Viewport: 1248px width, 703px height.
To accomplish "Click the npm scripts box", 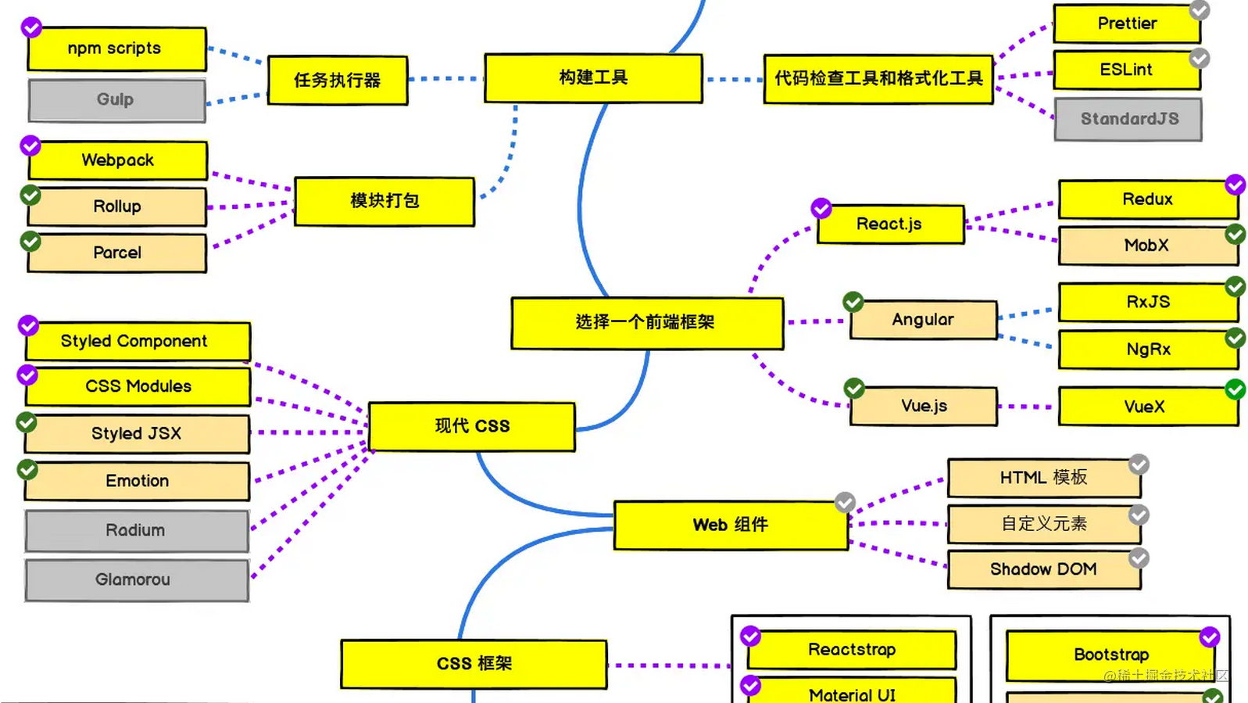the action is (x=117, y=48).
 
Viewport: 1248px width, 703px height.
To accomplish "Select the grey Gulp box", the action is (x=117, y=100).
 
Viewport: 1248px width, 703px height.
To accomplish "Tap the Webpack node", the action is (x=117, y=160).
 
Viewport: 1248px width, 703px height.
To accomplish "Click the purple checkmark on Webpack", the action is (x=30, y=145).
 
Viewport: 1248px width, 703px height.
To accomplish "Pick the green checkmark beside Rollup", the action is (x=30, y=195).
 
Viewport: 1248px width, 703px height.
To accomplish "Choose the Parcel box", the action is (x=117, y=253).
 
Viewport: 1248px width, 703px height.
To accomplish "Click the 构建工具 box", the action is (x=593, y=78).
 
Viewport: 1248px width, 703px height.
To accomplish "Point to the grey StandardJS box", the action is (x=1128, y=120).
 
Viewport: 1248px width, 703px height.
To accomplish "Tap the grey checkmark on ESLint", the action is (x=1200, y=58).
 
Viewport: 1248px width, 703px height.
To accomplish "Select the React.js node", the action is (x=890, y=224).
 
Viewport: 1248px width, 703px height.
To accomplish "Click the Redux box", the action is (x=1148, y=199).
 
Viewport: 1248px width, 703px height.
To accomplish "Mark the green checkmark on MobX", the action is (x=1235, y=235).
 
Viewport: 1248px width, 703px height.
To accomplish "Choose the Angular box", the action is (x=923, y=320).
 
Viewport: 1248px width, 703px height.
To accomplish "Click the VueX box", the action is (x=1148, y=407).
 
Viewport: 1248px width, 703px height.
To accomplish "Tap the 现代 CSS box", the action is (x=472, y=426).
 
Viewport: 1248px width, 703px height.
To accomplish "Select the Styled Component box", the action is (x=138, y=341).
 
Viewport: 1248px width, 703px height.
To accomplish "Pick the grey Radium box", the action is (x=137, y=531).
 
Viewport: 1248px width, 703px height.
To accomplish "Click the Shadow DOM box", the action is (x=1044, y=569).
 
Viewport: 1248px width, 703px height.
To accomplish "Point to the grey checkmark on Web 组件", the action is (x=846, y=502).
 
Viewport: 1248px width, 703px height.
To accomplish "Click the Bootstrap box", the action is (x=1111, y=655).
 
